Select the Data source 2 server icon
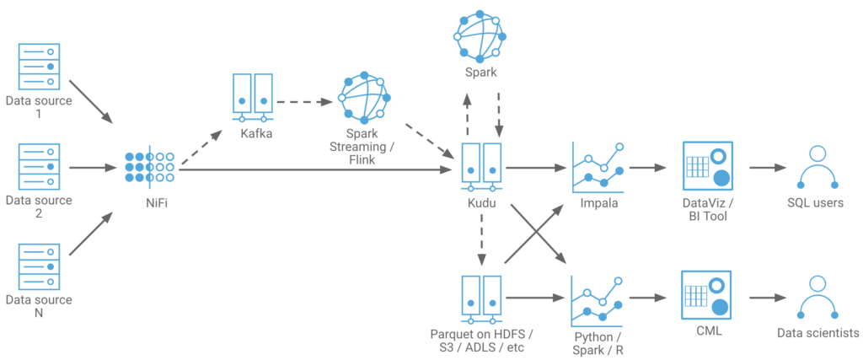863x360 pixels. point(39,167)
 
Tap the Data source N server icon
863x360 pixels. point(39,266)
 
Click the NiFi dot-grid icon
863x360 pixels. point(149,167)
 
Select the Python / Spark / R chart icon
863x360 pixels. point(598,298)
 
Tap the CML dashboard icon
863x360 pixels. point(706,296)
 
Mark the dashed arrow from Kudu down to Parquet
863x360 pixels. point(481,239)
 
